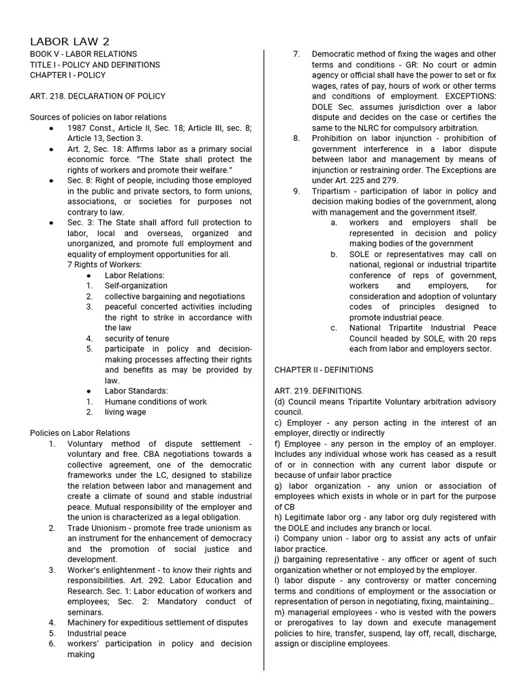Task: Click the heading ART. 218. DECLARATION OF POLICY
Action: click(97, 96)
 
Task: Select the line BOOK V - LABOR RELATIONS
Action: click(83, 54)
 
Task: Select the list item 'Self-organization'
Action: click(136, 285)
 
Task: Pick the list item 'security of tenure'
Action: click(137, 338)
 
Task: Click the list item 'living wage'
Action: click(125, 412)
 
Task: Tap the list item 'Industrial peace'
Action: click(97, 633)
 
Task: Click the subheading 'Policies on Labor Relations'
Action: click(80, 433)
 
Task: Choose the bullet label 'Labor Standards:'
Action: click(135, 391)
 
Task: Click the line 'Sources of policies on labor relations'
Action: click(98, 117)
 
